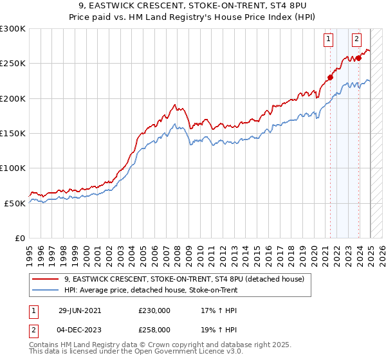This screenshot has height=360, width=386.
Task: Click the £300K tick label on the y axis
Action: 13,29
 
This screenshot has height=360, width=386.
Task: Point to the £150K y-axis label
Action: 13,134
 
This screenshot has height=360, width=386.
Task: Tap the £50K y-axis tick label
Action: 15,203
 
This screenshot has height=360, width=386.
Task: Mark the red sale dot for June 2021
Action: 330,78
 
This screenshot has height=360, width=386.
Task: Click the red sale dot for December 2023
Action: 358,58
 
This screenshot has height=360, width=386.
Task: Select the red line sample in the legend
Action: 46,279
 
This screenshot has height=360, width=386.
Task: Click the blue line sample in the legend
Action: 46,290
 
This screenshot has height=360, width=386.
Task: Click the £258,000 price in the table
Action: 154,328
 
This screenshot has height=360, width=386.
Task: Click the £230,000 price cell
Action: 154,310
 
